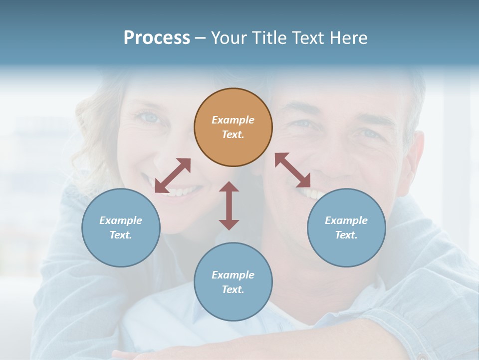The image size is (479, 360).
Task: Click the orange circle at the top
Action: pyautogui.click(x=233, y=127)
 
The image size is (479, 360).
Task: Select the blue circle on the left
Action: pyautogui.click(x=121, y=227)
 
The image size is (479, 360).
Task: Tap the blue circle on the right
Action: pyautogui.click(x=346, y=227)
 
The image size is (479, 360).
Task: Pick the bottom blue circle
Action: pyautogui.click(x=233, y=282)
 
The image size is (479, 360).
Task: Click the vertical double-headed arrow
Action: pyautogui.click(x=229, y=205)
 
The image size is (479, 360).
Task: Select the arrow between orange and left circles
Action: pyautogui.click(x=173, y=175)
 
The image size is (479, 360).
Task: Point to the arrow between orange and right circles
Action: pyautogui.click(x=292, y=170)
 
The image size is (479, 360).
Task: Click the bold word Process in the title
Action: pyautogui.click(x=157, y=37)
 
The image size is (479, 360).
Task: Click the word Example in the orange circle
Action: pyautogui.click(x=233, y=120)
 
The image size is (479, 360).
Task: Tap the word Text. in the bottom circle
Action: pyautogui.click(x=233, y=289)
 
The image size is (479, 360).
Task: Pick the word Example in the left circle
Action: pyautogui.click(x=121, y=220)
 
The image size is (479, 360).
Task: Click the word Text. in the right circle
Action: pyautogui.click(x=346, y=235)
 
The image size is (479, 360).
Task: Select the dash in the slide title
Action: pyautogui.click(x=201, y=38)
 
